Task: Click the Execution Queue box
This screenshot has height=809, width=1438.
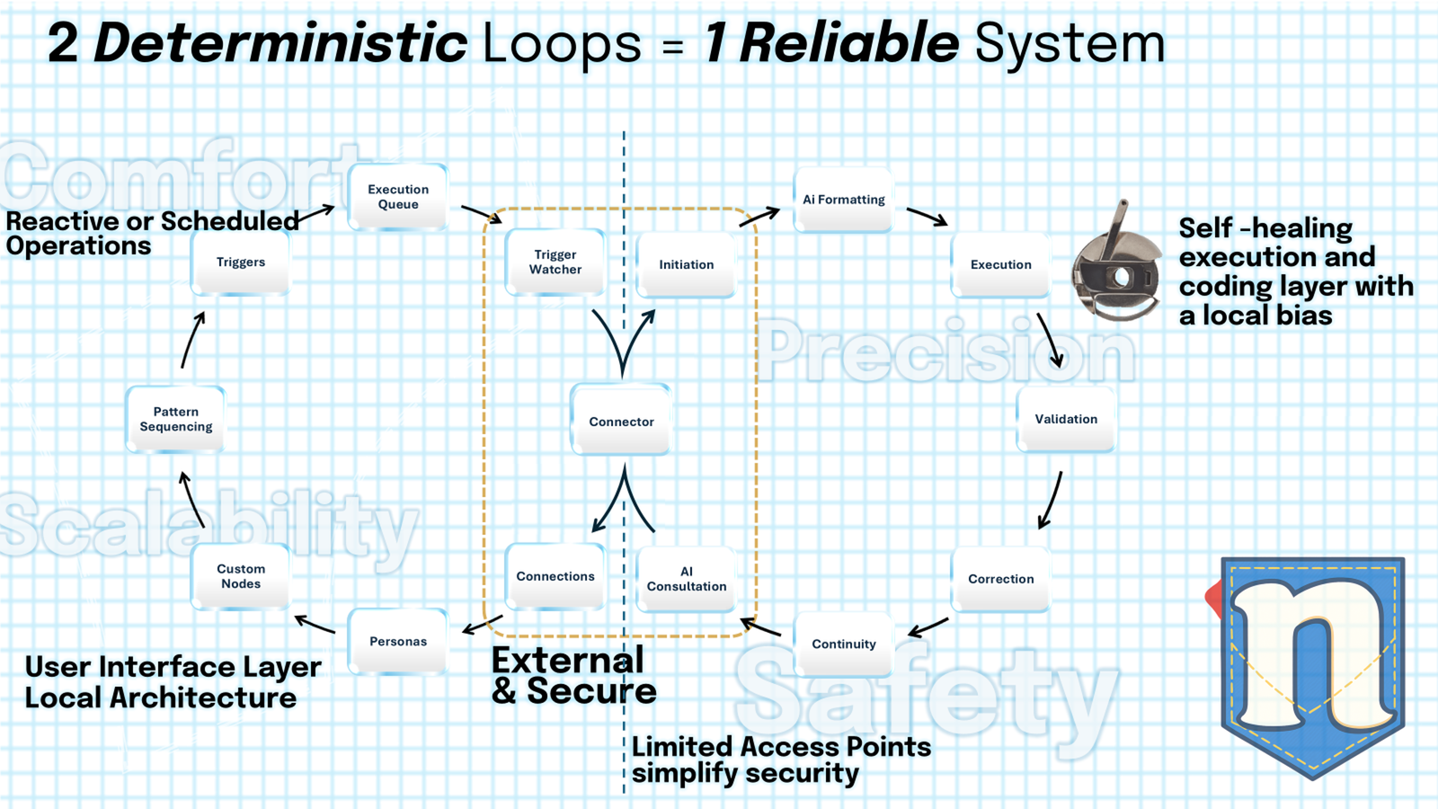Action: tap(397, 197)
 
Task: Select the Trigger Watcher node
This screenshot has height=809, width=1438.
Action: tap(555, 262)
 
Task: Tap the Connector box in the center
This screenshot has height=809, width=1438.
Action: tap(621, 421)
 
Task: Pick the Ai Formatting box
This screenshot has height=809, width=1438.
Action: tap(843, 200)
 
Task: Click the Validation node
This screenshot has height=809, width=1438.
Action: tap(1065, 419)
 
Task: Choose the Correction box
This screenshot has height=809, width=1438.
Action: tap(1000, 579)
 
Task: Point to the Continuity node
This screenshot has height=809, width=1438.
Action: tap(843, 644)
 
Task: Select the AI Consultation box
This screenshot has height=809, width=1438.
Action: tap(686, 579)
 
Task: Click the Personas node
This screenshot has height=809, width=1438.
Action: tap(397, 641)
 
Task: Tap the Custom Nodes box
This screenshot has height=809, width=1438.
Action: tap(240, 576)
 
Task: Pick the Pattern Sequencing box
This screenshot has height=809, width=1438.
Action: tap(175, 419)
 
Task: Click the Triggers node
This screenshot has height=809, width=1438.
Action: tap(240, 262)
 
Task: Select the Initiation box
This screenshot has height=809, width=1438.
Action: tap(686, 264)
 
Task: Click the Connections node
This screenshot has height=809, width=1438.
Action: tap(555, 576)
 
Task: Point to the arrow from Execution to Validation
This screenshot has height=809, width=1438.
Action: tap(1050, 340)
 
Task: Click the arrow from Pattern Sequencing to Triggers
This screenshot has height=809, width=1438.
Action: tap(192, 340)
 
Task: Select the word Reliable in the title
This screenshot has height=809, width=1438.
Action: tap(848, 43)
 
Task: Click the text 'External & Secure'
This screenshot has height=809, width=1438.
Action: tap(573, 676)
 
